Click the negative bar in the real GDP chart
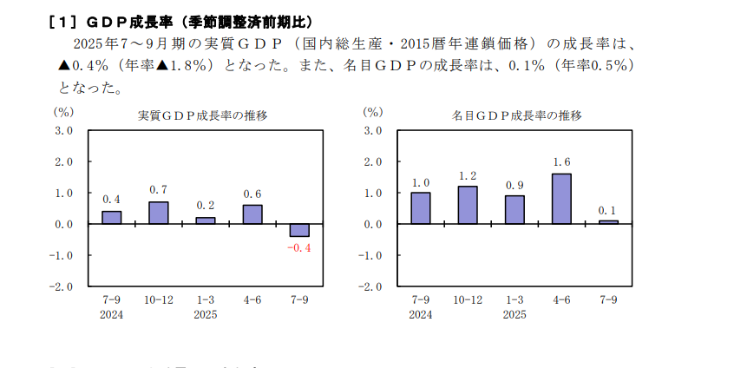click(x=299, y=230)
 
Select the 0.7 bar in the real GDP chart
click(x=159, y=213)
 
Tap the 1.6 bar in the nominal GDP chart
click(x=561, y=199)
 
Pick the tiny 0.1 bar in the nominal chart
click(x=608, y=222)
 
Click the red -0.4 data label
click(x=298, y=248)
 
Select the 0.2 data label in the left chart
click(x=206, y=206)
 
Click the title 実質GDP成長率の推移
click(x=203, y=115)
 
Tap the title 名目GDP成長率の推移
click(x=516, y=115)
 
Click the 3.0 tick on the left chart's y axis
click(x=65, y=130)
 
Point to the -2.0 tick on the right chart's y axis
click(x=372, y=286)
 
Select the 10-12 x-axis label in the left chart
click(x=159, y=300)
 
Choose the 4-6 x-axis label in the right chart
click(x=561, y=300)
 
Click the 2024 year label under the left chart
click(x=112, y=314)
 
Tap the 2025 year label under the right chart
click(x=514, y=314)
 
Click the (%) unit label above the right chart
click(x=372, y=112)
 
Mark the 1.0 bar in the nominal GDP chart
click(x=421, y=208)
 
